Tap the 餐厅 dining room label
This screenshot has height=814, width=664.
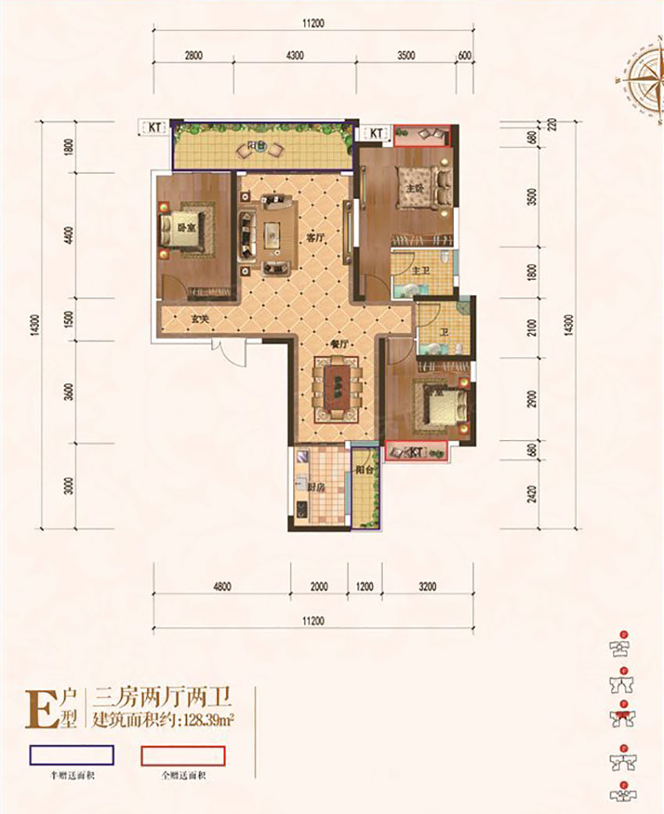[x=328, y=344]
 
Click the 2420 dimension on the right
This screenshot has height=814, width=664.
[x=531, y=496]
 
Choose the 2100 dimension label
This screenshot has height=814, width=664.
[x=531, y=330]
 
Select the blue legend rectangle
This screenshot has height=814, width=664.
[x=71, y=755]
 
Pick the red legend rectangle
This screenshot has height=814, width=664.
[x=183, y=755]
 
